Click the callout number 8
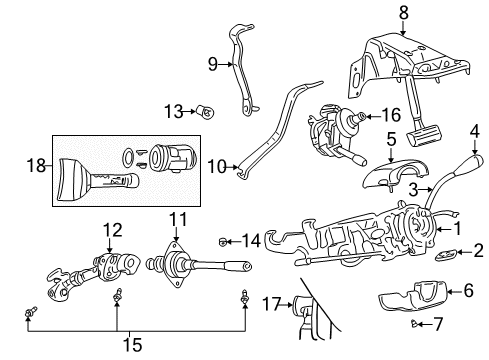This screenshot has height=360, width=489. [402, 14]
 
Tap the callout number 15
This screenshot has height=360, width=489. [130, 345]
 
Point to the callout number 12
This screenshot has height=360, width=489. [112, 229]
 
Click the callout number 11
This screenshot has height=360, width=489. [178, 218]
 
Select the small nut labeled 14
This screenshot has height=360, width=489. [225, 240]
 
